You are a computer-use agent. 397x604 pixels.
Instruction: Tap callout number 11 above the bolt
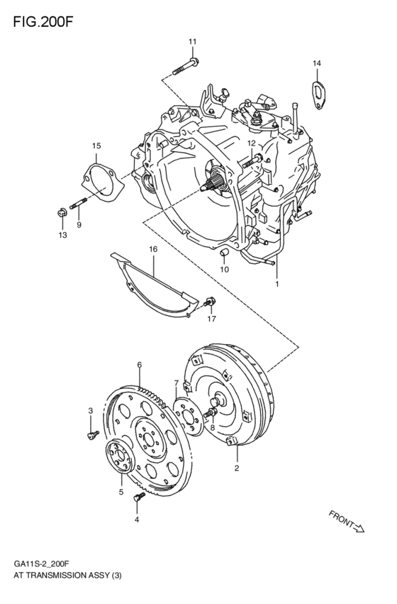192,43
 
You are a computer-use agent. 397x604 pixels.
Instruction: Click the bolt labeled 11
186,69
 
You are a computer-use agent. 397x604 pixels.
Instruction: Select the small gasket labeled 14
317,94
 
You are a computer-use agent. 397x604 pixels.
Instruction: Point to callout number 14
317,64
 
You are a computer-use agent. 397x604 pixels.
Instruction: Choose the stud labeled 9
78,203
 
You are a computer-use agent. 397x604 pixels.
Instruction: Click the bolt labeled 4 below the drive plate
138,500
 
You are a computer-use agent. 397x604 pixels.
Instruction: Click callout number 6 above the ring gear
140,365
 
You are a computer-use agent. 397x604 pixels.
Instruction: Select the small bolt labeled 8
210,413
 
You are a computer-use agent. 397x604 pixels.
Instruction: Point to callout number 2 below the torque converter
237,468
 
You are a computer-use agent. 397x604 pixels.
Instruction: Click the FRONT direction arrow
347,521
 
